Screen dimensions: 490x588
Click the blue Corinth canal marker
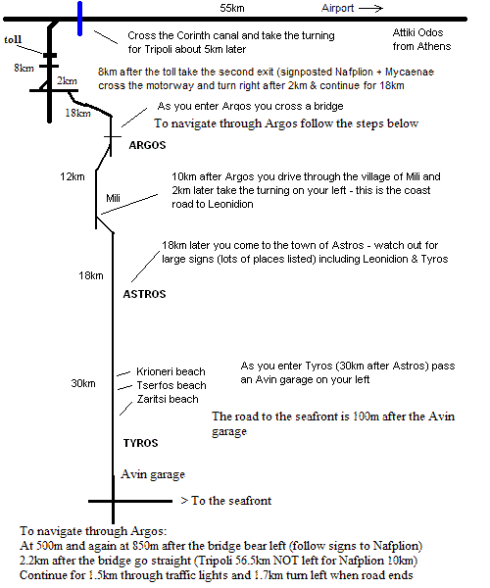click(x=79, y=19)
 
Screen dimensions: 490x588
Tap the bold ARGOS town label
click(x=147, y=145)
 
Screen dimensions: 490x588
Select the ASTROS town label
click(x=144, y=294)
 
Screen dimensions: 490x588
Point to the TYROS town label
click(x=140, y=443)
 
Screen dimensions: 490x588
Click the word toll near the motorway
click(x=13, y=39)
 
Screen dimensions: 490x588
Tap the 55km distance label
click(x=232, y=8)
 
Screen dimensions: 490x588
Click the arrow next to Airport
click(x=370, y=8)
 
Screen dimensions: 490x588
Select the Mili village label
click(x=113, y=198)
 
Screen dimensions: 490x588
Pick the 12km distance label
click(x=73, y=176)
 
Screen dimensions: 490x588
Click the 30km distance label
click(x=83, y=383)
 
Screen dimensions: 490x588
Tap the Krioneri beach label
click(x=171, y=371)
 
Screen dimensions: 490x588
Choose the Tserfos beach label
click(x=171, y=385)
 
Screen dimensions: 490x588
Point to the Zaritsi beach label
click(x=168, y=399)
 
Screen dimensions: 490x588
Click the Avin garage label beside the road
click(x=153, y=474)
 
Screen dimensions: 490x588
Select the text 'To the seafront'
click(x=231, y=501)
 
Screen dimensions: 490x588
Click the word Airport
click(x=337, y=8)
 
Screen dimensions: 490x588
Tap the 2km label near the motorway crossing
click(x=67, y=80)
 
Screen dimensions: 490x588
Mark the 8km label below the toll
click(x=24, y=68)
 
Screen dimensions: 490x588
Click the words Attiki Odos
click(x=417, y=32)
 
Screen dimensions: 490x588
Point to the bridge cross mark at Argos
click(x=112, y=137)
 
